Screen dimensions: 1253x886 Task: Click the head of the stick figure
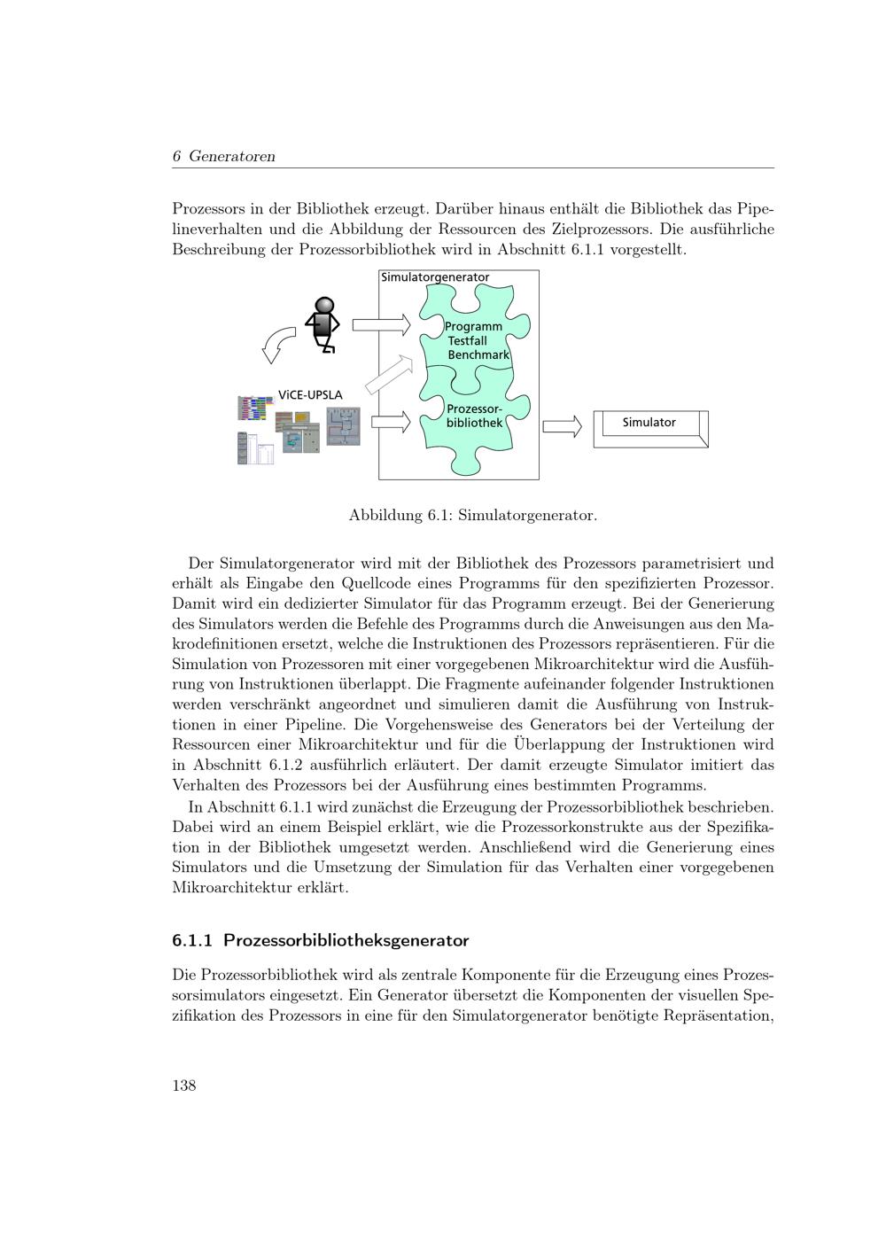click(x=326, y=307)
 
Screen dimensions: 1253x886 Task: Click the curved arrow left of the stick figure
click(x=278, y=345)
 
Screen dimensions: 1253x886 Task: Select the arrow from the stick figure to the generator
click(x=381, y=325)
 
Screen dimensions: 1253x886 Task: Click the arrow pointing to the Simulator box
click(x=561, y=426)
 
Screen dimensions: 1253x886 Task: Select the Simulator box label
click(x=649, y=423)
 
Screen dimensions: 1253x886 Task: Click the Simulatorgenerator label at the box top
click(x=435, y=277)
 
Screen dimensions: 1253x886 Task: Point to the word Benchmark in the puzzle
click(x=478, y=354)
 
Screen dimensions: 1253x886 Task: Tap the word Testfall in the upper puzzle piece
click(x=467, y=340)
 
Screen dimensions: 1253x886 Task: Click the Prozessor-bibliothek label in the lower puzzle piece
click(x=474, y=416)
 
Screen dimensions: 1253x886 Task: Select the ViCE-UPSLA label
click(x=310, y=394)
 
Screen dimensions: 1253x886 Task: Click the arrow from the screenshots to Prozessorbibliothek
click(x=390, y=422)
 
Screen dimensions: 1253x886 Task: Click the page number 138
click(x=183, y=1086)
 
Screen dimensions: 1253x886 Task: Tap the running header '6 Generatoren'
click(x=223, y=157)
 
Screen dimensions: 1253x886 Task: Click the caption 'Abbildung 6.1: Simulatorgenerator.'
click(x=473, y=515)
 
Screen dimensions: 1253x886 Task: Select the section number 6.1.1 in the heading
click(x=192, y=940)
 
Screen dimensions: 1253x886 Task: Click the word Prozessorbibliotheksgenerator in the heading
click(x=346, y=940)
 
